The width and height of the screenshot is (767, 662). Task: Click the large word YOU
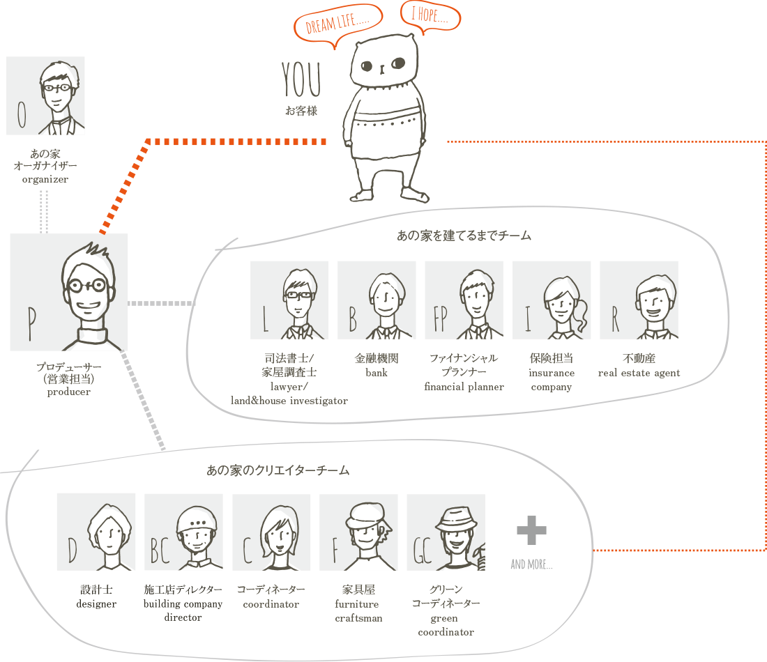tap(301, 82)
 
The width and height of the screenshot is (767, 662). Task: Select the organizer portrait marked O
tap(46, 95)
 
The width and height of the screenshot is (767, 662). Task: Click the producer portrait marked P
tap(69, 292)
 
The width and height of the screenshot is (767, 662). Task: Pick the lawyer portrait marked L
tap(289, 300)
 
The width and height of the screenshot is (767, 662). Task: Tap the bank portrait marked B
tap(377, 300)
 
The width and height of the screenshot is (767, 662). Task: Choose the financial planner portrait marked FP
tap(464, 300)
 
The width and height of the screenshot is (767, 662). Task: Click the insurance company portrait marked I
tap(552, 300)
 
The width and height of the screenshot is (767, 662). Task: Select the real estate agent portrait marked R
tap(639, 300)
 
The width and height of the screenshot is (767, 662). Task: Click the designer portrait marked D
tap(96, 532)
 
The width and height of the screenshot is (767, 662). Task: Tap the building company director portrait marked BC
tap(184, 532)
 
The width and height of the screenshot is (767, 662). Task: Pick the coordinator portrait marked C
tap(271, 532)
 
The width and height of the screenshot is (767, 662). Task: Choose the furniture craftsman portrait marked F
tap(358, 532)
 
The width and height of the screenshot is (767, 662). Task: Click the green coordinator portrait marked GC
tap(446, 532)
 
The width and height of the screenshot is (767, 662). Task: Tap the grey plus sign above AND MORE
tap(531, 532)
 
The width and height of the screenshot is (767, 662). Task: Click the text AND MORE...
tap(531, 564)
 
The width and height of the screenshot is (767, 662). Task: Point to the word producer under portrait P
tap(68, 392)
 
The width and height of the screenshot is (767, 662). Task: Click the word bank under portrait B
tap(377, 373)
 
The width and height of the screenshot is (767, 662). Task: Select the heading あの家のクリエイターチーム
tap(278, 471)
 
